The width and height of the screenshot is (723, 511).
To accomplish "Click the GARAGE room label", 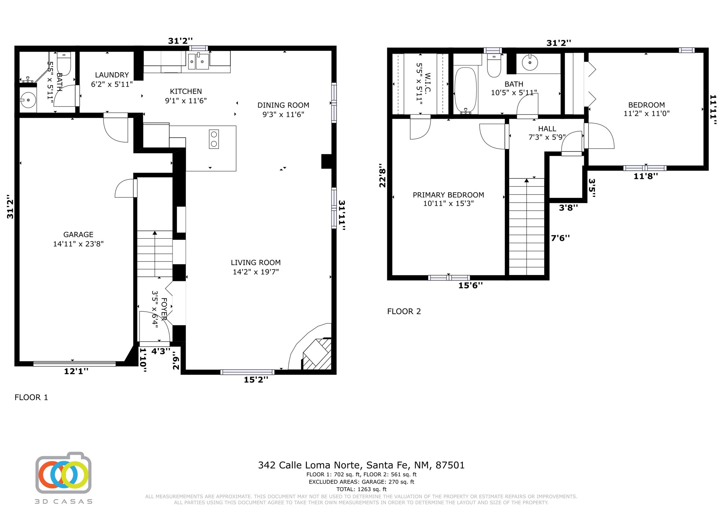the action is point(78,235).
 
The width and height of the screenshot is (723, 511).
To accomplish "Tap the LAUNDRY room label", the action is point(112,75).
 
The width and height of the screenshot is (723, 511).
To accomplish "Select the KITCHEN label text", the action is point(186,91).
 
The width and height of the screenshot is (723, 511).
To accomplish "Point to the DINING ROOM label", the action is point(283,105).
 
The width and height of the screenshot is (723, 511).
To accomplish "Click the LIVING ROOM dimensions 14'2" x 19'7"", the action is point(256,272).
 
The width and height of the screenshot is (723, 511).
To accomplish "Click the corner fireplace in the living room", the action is point(317,354).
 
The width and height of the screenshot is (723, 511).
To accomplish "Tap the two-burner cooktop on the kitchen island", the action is point(214,139).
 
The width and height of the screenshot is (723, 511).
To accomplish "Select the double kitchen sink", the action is point(198,61).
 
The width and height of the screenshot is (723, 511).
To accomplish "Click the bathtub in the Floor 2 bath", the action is point(465,90).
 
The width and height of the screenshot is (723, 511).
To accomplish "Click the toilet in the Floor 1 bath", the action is point(64,64).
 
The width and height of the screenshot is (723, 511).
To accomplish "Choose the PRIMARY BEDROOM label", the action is point(448,195).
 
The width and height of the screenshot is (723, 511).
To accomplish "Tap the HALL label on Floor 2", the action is point(547,129).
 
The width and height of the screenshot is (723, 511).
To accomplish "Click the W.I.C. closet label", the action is point(427,83).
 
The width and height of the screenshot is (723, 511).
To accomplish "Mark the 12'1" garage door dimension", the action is point(76,371).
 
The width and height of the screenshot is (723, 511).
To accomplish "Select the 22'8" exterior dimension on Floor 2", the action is point(382,178).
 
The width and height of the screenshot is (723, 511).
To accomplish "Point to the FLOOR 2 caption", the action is point(404,311).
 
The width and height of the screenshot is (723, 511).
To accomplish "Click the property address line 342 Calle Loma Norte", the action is point(361,465).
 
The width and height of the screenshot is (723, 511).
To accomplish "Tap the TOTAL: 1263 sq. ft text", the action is point(361,489).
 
